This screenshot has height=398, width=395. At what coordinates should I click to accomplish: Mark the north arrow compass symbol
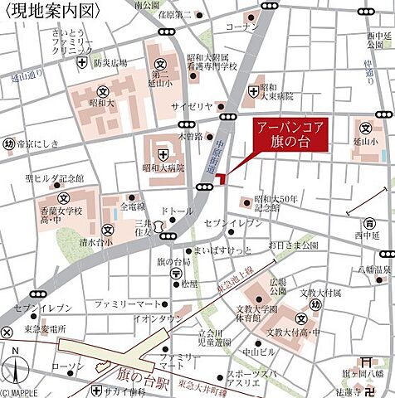[x=16, y=367]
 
